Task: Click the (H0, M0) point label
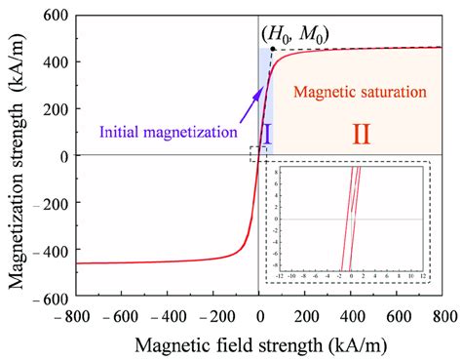pyautogui.click(x=300, y=34)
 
